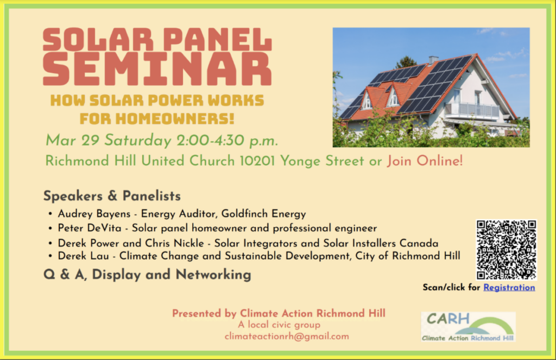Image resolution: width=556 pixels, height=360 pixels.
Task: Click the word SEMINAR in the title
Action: (x=157, y=69)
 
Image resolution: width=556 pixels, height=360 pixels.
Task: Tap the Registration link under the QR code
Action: (x=509, y=288)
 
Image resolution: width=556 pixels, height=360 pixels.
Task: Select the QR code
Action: (x=506, y=250)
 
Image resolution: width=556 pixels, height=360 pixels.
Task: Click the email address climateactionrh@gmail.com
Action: (x=287, y=336)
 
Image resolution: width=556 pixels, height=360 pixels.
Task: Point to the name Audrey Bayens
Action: (x=94, y=214)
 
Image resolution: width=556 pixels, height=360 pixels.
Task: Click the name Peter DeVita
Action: (x=90, y=228)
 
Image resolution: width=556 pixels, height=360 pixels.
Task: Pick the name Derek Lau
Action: (x=83, y=256)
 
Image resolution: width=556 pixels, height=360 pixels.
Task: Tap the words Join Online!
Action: (x=425, y=161)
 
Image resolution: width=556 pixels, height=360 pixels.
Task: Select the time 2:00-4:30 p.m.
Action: (x=227, y=141)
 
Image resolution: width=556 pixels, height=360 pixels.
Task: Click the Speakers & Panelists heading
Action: (x=112, y=196)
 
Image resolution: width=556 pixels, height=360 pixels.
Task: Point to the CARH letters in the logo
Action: (x=448, y=319)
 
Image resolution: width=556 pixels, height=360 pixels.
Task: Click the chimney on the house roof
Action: (x=433, y=60)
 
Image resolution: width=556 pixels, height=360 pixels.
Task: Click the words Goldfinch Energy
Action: (x=263, y=214)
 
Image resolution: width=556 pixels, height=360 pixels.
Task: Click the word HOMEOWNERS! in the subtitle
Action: (x=175, y=119)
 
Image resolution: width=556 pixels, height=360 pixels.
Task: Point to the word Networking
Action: (x=213, y=275)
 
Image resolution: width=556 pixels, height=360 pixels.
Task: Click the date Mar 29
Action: (x=72, y=141)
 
